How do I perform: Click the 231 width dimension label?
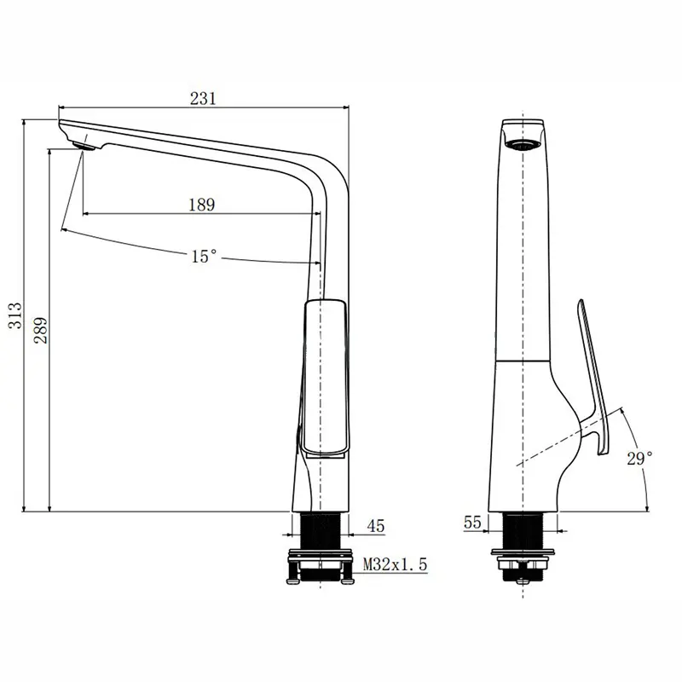(x=202, y=98)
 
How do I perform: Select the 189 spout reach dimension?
(x=201, y=204)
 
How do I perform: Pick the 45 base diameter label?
(x=375, y=527)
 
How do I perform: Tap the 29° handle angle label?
(x=639, y=458)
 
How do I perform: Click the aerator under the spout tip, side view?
(x=84, y=146)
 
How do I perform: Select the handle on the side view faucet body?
(x=325, y=375)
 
